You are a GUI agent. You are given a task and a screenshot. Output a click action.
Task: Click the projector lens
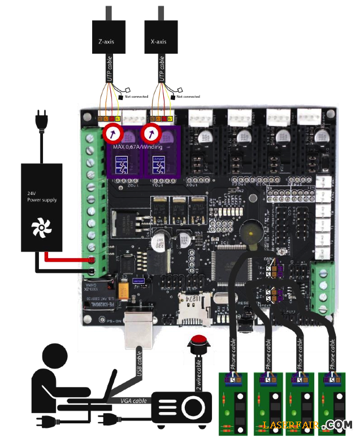point(194,406)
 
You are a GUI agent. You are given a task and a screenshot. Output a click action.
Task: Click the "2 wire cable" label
point(198,375)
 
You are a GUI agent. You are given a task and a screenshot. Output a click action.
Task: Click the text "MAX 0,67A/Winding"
point(137,148)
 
